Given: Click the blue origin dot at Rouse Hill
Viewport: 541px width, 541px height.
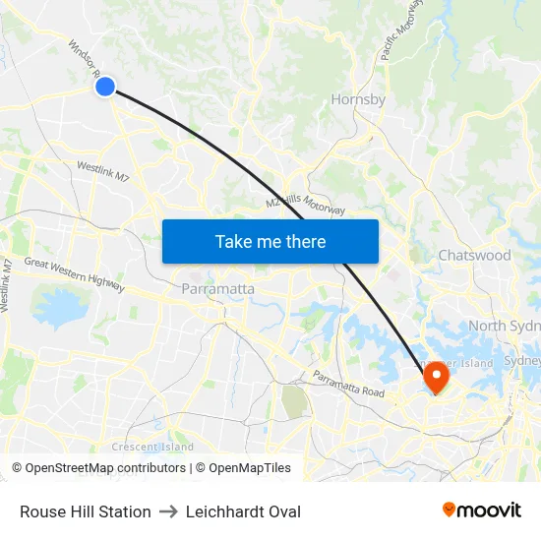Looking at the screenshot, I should point(105,88).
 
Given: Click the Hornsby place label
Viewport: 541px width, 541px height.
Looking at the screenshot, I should point(358,99).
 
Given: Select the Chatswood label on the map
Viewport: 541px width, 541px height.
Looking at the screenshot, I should point(474,255).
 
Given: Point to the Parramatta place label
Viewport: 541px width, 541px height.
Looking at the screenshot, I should point(218,289).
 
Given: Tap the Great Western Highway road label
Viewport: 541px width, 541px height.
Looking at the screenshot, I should point(75,274).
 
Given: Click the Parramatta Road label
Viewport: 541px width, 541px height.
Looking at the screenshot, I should point(348,384).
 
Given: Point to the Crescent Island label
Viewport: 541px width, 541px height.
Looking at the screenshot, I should point(152,447).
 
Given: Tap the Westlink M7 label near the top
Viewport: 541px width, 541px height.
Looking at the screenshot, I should point(102,172).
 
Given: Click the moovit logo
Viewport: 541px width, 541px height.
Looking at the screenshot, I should point(481,510).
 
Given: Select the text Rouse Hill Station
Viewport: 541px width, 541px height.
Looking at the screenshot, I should point(86,511).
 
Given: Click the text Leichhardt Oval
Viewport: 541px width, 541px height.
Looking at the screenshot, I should point(243,511).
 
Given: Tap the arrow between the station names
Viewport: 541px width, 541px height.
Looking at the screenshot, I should point(168,511).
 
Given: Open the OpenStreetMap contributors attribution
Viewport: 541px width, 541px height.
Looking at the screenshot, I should point(99,468).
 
